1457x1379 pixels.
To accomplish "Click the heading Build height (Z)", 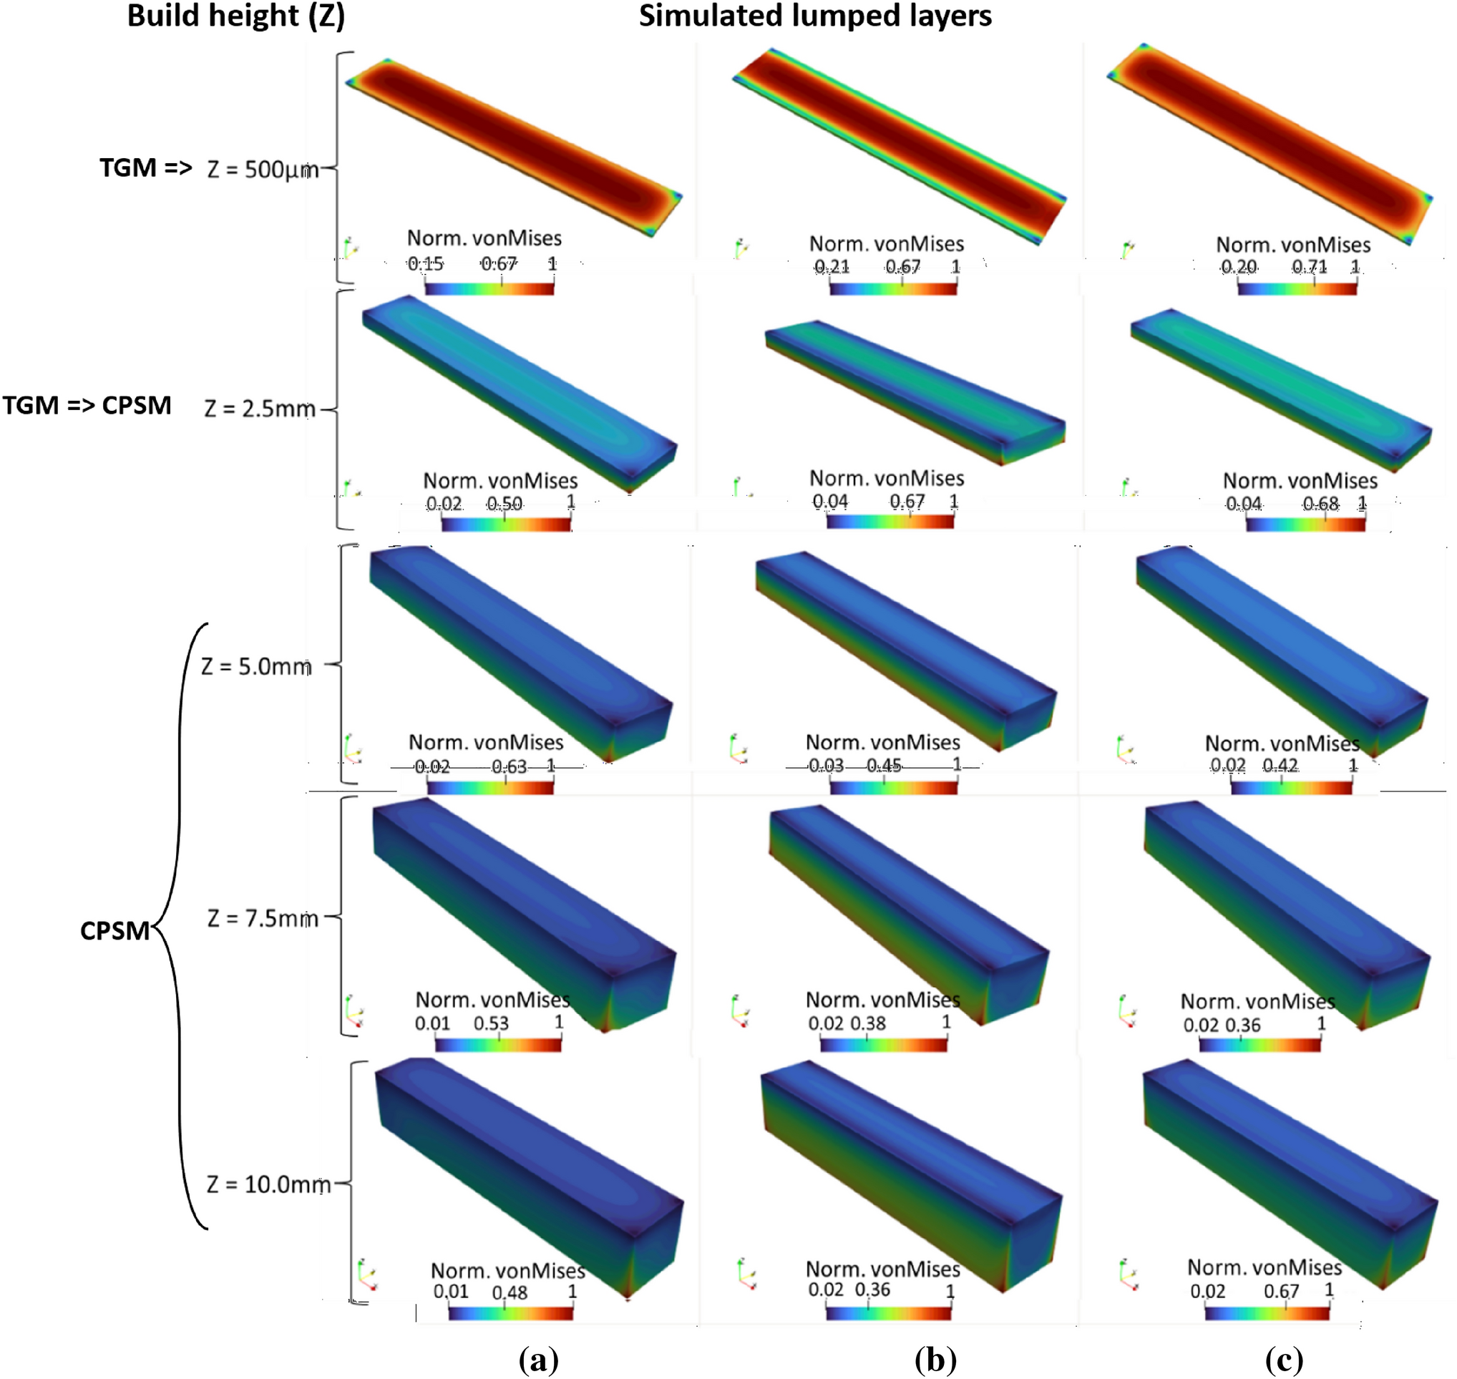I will (x=236, y=16).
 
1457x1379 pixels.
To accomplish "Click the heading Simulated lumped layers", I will (x=814, y=16).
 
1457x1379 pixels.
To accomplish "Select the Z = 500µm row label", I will (x=263, y=170).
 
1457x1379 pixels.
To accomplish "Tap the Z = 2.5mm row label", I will (x=260, y=408).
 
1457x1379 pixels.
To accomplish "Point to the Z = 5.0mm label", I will (x=255, y=666).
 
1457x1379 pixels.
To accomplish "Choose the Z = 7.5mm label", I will (x=263, y=918).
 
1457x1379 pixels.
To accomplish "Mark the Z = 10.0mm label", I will (x=268, y=1184).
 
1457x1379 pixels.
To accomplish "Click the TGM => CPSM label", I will (x=87, y=405).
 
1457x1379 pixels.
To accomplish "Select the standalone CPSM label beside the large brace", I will (x=114, y=930).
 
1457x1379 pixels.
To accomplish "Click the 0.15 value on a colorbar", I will (x=426, y=263).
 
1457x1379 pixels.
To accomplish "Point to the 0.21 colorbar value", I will (x=832, y=266).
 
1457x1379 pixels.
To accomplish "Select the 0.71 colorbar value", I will (x=1310, y=266).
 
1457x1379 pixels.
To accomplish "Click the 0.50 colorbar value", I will (x=505, y=504).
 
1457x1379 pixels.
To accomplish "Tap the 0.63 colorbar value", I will (x=509, y=766).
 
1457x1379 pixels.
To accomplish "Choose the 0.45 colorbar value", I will (x=884, y=766).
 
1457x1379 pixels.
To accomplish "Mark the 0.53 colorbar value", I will (x=491, y=1023).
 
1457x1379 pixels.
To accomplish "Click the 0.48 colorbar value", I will (x=510, y=1292).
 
